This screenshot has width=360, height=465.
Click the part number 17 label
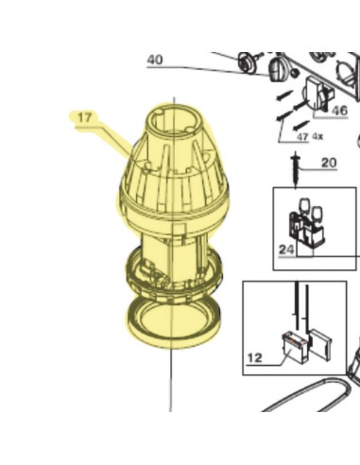tap(84, 117)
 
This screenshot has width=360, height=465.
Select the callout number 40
tap(155, 60)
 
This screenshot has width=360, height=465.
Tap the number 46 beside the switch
tap(339, 111)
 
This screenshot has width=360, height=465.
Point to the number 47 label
tap(302, 137)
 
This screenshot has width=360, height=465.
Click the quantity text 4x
tap(317, 136)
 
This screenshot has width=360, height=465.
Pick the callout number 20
tap(329, 163)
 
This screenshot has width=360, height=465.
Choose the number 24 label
tap(286, 250)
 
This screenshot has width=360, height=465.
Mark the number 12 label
tap(254, 358)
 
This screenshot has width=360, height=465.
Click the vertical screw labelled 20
tap(296, 169)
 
